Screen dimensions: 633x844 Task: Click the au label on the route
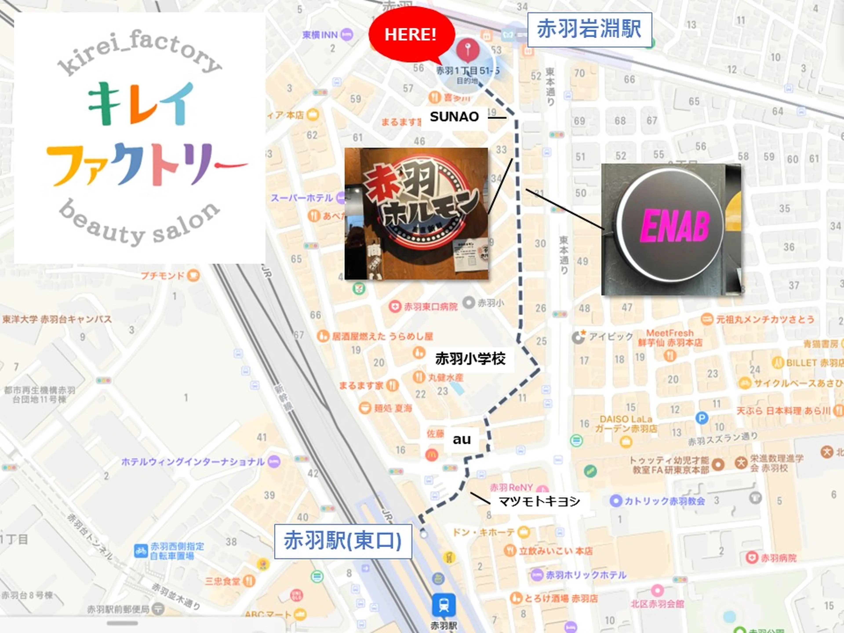(462, 439)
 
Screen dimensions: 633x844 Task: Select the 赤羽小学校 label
(470, 359)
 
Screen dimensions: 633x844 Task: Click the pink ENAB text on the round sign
(675, 227)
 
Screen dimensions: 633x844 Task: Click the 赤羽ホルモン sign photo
(416, 214)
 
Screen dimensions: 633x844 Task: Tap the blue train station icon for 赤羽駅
(443, 605)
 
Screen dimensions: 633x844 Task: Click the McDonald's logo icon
(431, 455)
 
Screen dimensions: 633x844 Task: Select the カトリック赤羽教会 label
(664, 501)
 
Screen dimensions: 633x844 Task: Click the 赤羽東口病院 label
(430, 307)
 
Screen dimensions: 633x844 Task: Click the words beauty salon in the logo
(140, 223)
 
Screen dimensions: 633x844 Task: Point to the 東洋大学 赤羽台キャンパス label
(57, 319)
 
